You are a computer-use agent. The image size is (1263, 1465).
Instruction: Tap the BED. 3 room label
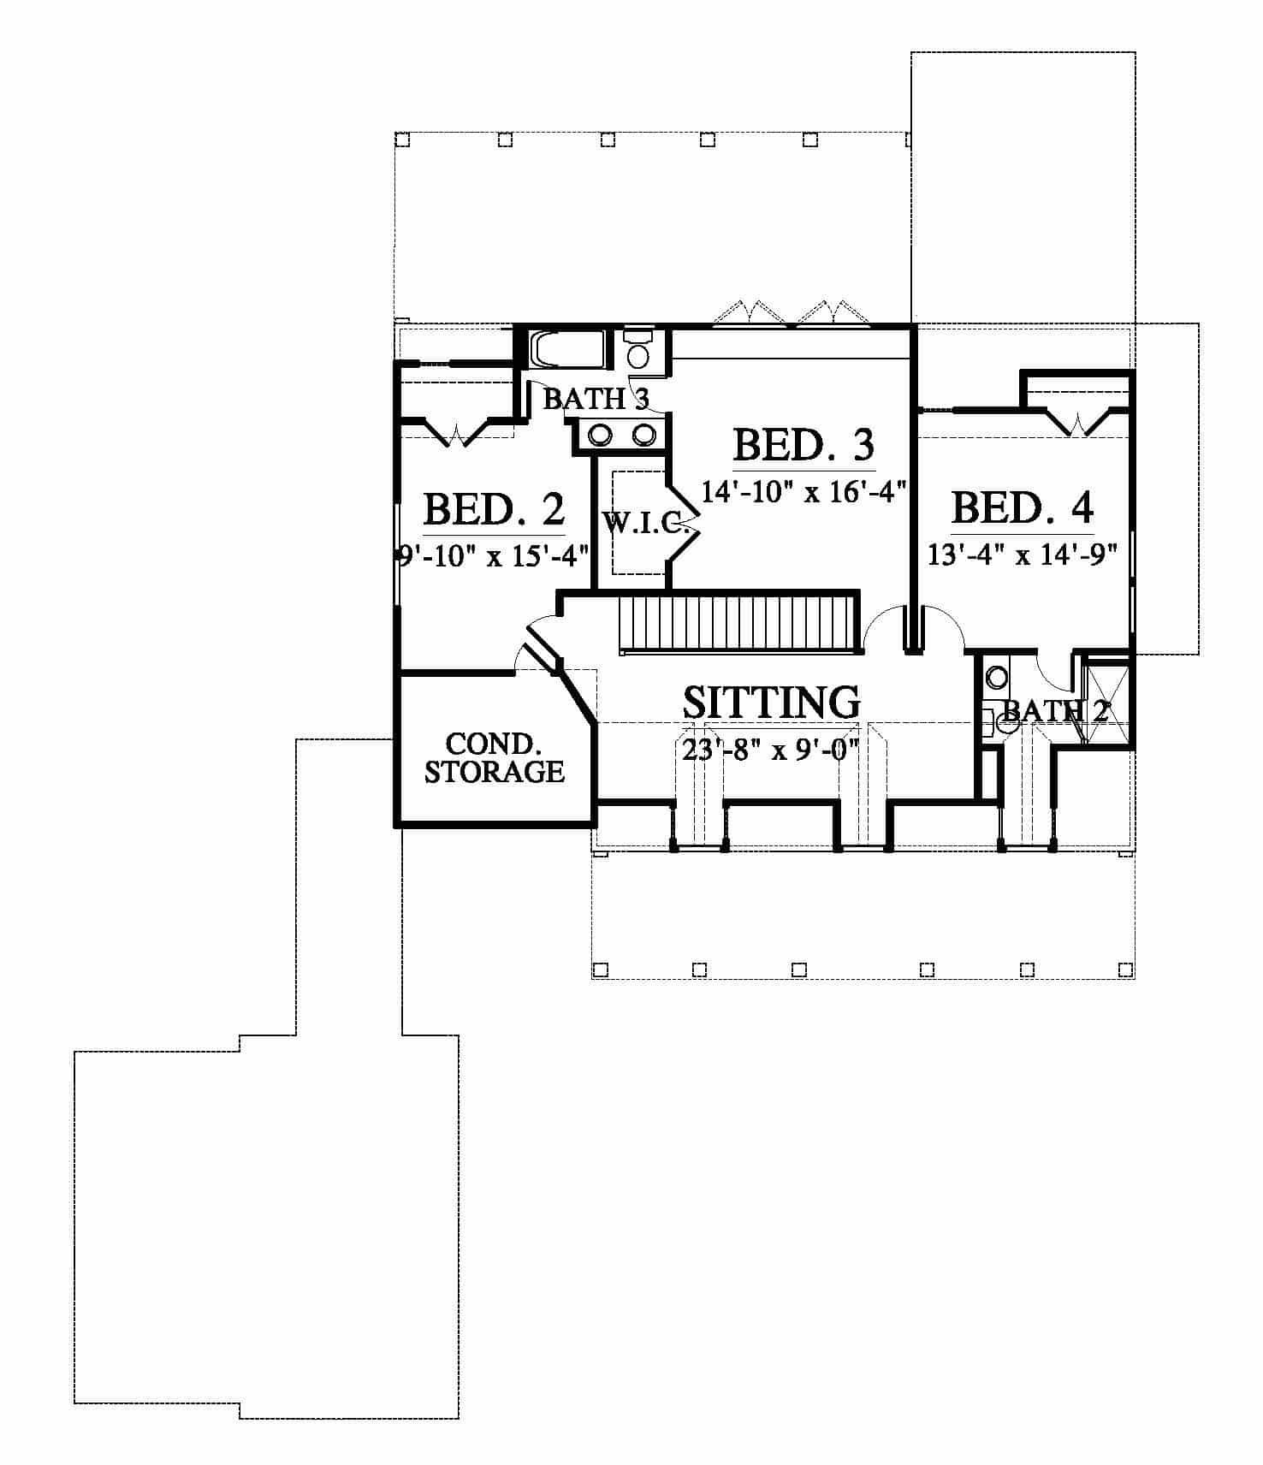[803, 445]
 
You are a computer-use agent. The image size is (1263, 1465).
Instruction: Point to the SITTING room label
[772, 702]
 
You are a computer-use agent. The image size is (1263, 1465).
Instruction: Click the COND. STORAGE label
[495, 758]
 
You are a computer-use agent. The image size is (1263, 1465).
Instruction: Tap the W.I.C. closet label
[647, 523]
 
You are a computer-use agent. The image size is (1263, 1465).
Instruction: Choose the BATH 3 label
[596, 399]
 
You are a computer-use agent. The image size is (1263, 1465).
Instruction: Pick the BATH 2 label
[1055, 710]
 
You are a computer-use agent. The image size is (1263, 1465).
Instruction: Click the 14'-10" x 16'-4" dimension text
[803, 492]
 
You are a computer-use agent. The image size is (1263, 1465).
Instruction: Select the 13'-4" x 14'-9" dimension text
[1023, 555]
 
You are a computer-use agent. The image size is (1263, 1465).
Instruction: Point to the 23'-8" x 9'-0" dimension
[771, 750]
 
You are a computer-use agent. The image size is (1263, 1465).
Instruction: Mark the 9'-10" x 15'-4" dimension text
[495, 556]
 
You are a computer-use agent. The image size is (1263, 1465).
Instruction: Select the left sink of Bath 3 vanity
[600, 436]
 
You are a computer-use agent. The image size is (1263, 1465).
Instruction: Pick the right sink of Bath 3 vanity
[643, 436]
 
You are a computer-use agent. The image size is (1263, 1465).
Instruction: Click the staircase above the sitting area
[738, 624]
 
